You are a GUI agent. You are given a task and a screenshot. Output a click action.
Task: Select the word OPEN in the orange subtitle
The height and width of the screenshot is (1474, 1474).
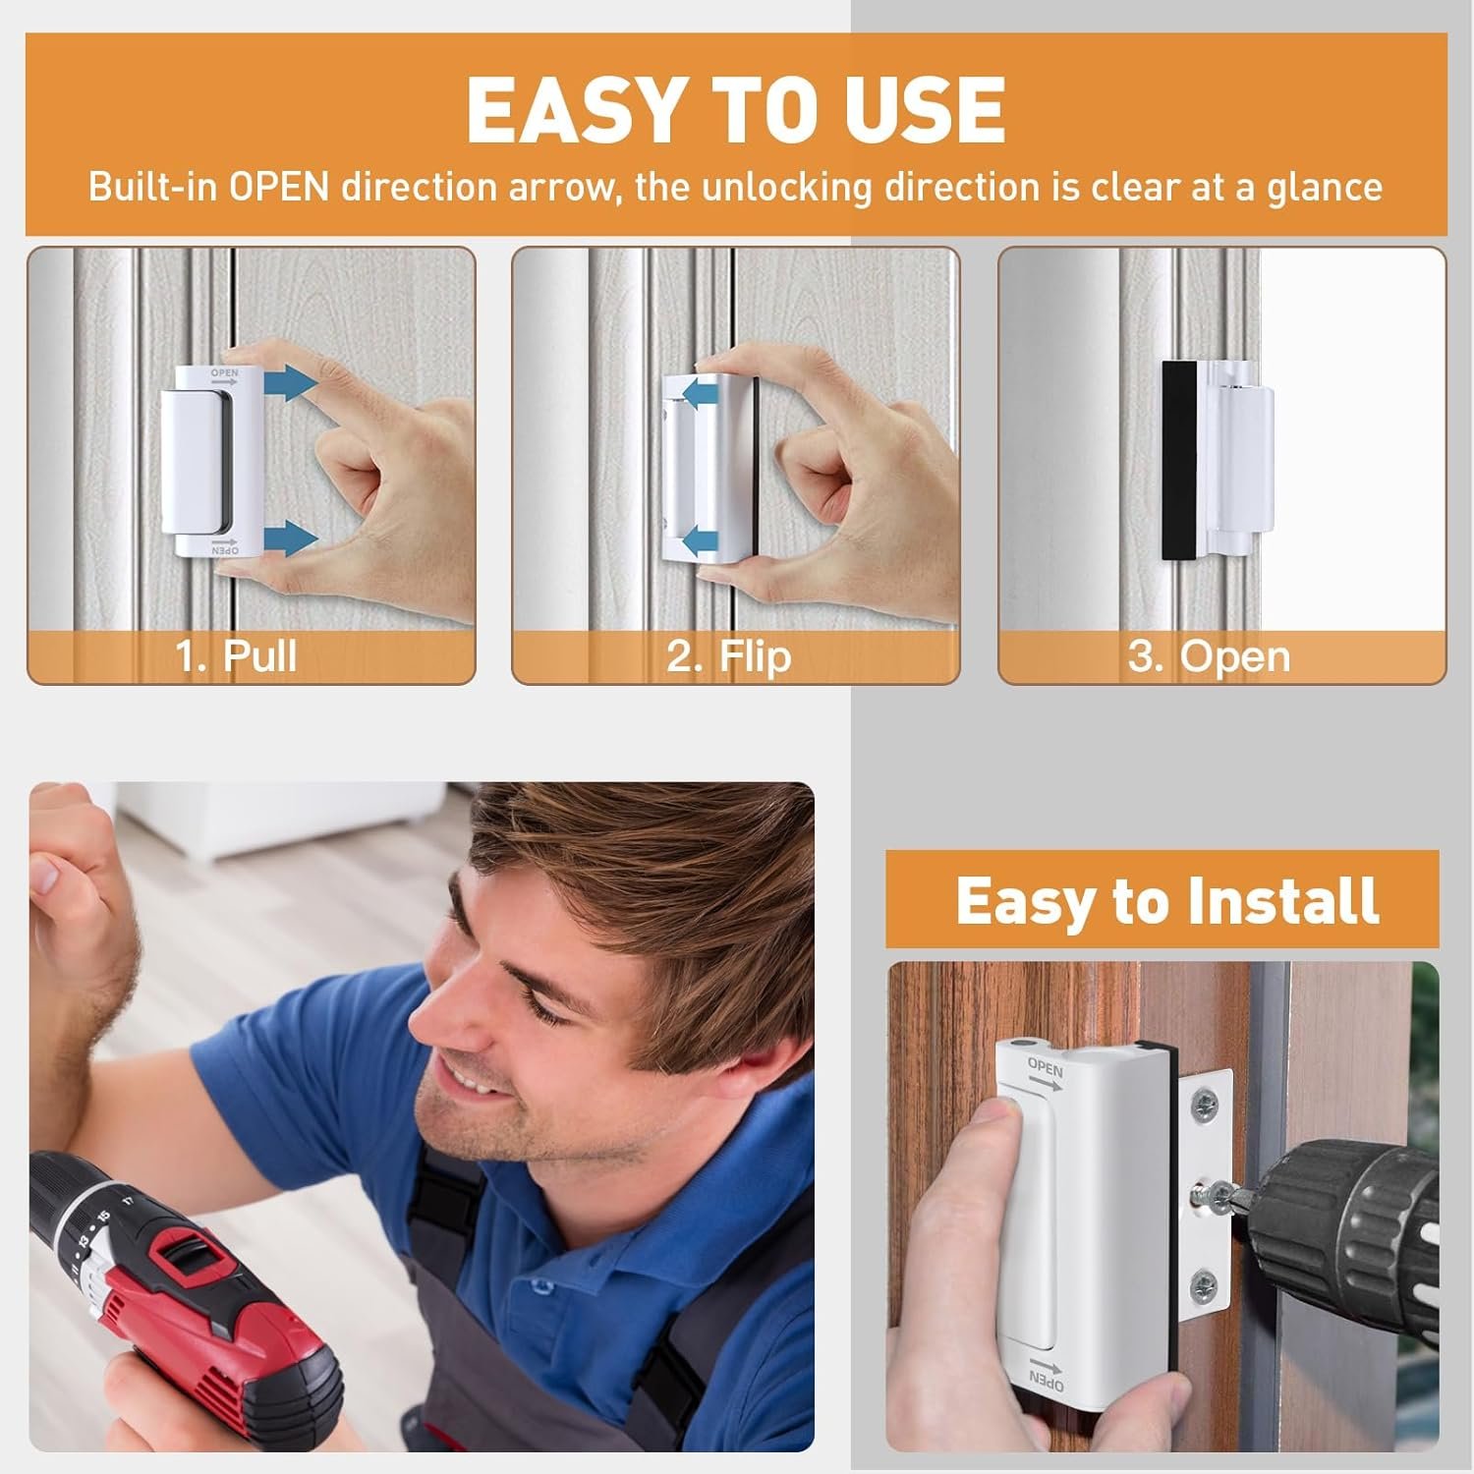(279, 187)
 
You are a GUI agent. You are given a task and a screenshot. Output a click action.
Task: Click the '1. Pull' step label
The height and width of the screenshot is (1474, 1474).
(236, 655)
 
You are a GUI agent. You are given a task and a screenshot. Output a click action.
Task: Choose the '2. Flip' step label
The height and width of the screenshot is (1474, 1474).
(729, 655)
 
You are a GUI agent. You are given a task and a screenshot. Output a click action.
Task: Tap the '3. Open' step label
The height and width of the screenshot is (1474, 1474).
(1209, 656)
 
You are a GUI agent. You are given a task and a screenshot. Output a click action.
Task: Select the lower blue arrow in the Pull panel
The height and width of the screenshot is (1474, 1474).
(291, 539)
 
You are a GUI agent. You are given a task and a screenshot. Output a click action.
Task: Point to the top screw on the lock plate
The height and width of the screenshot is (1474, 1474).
(1203, 1106)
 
